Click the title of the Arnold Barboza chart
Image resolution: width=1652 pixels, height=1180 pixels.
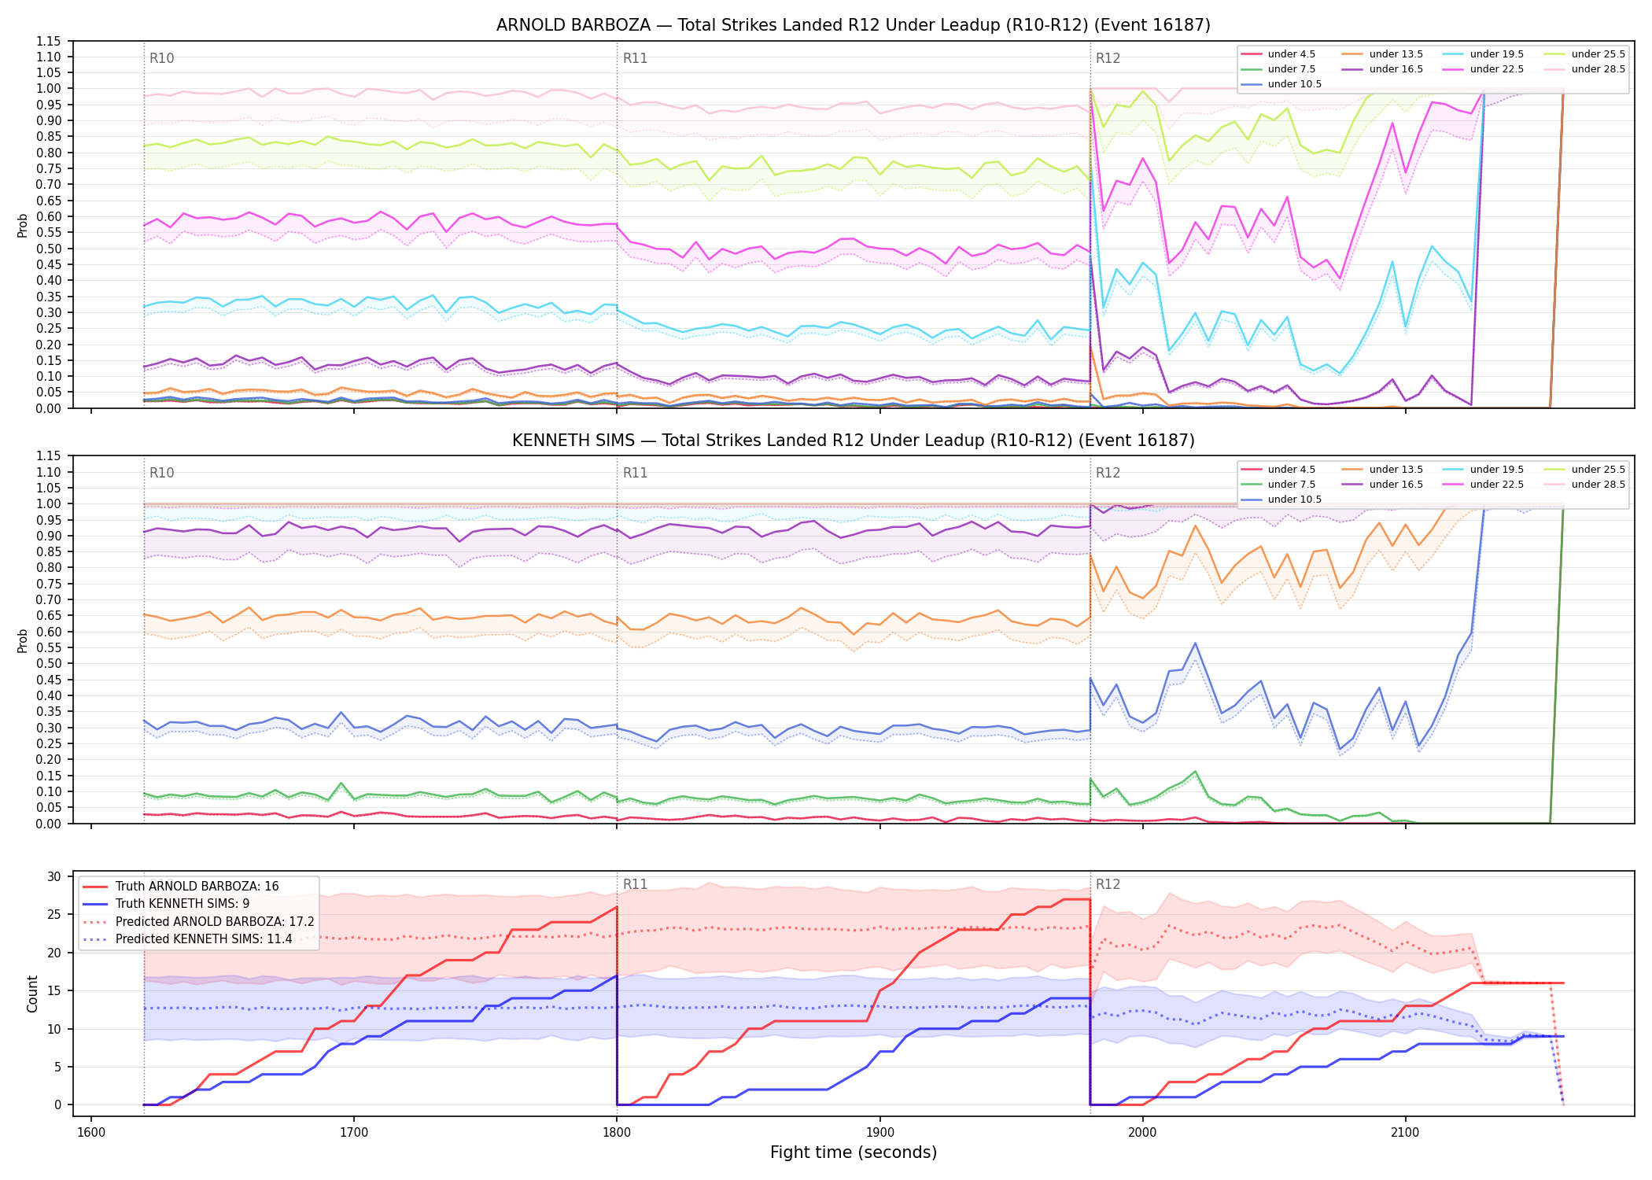(x=853, y=25)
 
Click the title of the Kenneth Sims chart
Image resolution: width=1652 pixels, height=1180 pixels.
(x=853, y=441)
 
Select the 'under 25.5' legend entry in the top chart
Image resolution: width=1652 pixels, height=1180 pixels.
(x=1586, y=54)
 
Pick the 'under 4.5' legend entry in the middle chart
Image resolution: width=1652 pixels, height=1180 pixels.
(x=1278, y=470)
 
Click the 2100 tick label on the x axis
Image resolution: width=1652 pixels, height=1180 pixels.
(x=1405, y=1133)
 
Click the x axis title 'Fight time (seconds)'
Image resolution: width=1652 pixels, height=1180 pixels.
(x=854, y=1152)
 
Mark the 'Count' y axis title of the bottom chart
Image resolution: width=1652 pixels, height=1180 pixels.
(x=32, y=994)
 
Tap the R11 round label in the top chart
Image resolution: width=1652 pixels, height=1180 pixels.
(x=635, y=58)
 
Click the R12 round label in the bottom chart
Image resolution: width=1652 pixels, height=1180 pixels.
(x=1108, y=884)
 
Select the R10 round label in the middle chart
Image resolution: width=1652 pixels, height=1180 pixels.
(x=161, y=473)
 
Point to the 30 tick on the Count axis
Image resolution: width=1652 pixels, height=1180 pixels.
(x=54, y=877)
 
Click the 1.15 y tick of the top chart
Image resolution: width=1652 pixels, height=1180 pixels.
(x=48, y=41)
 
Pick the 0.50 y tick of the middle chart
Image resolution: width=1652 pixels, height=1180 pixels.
(x=48, y=664)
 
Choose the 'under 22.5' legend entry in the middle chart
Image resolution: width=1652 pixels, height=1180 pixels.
(x=1484, y=485)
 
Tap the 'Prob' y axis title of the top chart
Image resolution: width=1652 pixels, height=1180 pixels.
(x=22, y=225)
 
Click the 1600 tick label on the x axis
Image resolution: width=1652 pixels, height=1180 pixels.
(x=91, y=1133)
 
